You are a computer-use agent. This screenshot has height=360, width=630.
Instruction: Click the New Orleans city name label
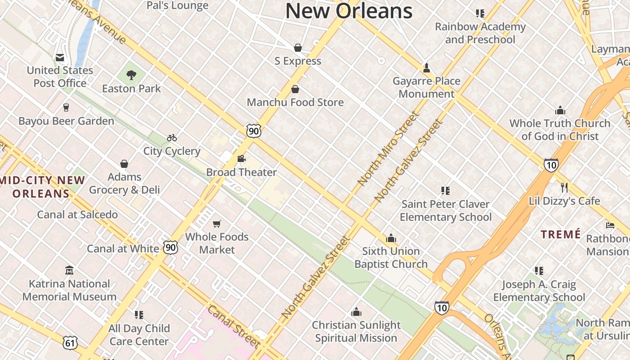tap(349, 11)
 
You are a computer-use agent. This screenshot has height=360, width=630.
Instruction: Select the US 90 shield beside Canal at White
tap(171, 247)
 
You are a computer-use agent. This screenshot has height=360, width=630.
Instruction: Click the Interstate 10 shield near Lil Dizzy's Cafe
tap(551, 165)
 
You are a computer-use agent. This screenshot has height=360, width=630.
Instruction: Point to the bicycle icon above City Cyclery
tap(172, 138)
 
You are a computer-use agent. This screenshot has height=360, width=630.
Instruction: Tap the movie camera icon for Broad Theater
tap(241, 159)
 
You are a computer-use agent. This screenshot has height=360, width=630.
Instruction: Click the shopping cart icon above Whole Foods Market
tap(217, 224)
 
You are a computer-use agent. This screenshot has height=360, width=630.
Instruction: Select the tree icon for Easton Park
tap(131, 75)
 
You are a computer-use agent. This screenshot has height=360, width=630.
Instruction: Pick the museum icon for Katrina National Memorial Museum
tap(69, 270)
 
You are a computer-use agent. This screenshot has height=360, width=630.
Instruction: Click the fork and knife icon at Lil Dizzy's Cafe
tap(564, 187)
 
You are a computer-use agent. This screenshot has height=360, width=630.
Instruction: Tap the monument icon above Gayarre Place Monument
tap(426, 68)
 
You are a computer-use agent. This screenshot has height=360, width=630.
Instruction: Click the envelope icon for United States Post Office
tap(60, 57)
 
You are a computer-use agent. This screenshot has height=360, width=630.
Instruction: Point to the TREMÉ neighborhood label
tap(561, 234)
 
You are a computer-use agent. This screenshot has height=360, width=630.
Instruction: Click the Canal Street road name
tap(234, 327)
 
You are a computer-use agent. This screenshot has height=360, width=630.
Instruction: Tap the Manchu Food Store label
tap(295, 102)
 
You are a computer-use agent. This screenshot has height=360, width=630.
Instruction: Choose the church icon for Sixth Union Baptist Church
tap(391, 238)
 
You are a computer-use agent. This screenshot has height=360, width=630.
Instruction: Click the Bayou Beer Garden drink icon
tap(66, 108)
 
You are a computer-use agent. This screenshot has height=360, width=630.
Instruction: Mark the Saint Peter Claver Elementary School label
tap(445, 211)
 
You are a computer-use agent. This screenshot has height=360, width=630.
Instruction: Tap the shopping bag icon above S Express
tap(297, 48)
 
